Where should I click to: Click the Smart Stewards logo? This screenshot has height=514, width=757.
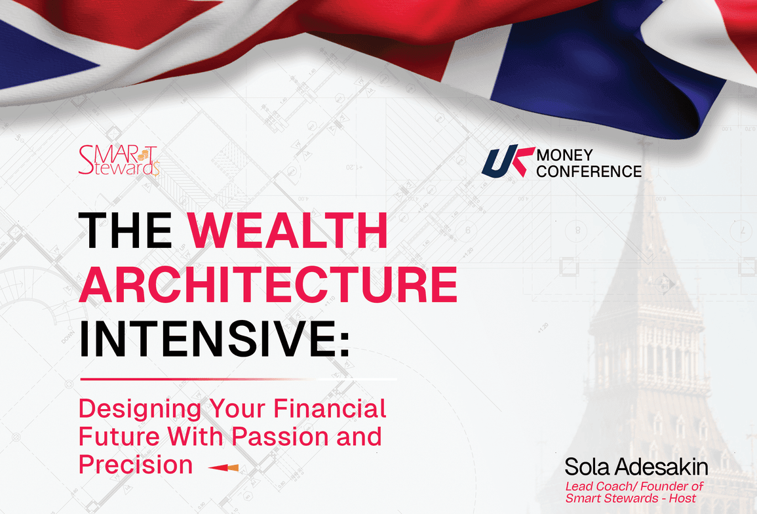(x=119, y=161)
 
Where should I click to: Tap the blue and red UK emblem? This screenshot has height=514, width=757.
(x=507, y=161)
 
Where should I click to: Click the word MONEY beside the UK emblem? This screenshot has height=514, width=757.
(x=564, y=155)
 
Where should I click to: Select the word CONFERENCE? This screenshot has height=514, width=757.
(x=589, y=171)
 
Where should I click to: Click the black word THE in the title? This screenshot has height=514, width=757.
(x=126, y=230)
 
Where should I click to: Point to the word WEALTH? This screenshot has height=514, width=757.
(x=287, y=230)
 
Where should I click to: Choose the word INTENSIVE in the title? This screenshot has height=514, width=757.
(x=208, y=338)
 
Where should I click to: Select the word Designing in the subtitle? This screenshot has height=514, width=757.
(x=140, y=410)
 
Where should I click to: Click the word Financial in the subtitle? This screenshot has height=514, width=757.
(x=330, y=408)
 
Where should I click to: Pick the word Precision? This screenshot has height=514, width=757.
(x=136, y=464)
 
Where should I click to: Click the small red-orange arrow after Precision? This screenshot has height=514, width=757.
(x=223, y=467)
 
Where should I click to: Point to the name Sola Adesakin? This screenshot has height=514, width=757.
(x=636, y=467)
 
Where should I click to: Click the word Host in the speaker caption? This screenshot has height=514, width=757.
(x=683, y=498)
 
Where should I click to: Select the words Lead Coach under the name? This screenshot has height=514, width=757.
(x=594, y=486)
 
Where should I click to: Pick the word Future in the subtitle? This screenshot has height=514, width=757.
(x=119, y=436)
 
